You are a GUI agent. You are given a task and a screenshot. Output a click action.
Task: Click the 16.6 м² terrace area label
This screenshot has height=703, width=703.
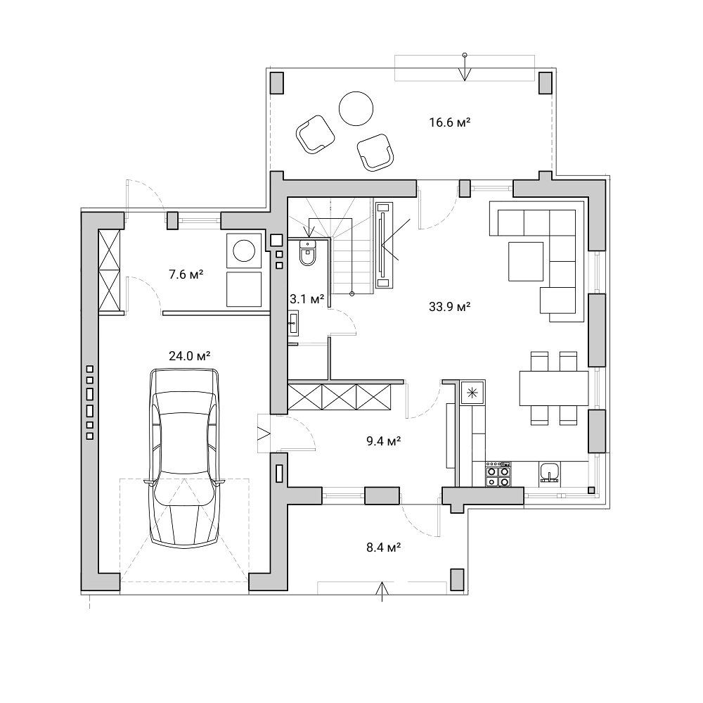coord(450,122)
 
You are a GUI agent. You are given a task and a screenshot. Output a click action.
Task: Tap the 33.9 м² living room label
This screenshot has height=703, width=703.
coord(450,307)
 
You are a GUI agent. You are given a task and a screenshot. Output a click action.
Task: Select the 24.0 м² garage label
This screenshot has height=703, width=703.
coord(190,356)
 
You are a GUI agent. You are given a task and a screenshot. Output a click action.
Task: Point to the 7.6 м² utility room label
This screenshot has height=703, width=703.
coord(186,274)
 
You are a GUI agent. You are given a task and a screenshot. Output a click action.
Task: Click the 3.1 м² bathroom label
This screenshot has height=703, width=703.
coord(307,299)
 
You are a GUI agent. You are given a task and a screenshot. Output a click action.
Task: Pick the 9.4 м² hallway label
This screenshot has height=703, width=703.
coord(383,441)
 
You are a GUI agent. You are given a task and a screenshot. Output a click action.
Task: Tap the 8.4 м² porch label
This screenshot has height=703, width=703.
coord(383,547)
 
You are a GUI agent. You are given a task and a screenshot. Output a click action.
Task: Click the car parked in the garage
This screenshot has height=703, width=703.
coord(185,457)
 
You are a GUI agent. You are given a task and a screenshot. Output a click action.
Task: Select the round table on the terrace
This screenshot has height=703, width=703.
coord(356,108)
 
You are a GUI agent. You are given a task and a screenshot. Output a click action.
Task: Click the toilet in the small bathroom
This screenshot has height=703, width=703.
coord(308,253)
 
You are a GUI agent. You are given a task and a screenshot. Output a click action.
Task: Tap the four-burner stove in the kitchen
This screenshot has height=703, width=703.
coord(498,474)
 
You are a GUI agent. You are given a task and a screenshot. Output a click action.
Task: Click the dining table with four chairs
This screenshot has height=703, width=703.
coord(553,388)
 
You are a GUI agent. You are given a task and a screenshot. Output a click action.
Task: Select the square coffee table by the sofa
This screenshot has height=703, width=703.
coord(526,261)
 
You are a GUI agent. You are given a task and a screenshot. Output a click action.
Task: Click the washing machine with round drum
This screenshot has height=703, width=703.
coord(244,251)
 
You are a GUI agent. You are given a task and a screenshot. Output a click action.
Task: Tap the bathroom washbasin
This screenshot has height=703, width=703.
coord(294,322)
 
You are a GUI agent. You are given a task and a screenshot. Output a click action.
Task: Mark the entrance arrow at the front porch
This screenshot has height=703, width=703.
coord(382,592)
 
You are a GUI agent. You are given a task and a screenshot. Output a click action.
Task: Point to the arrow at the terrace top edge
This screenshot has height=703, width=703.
coord(465,68)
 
